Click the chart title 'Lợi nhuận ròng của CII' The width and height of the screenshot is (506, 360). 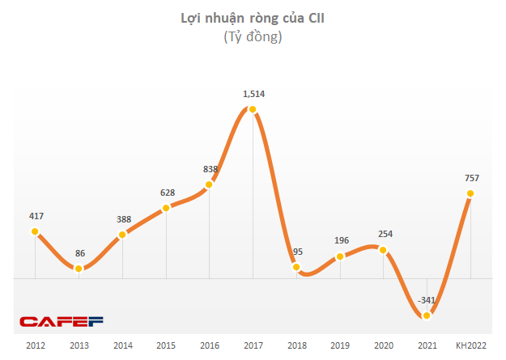(x=252, y=19)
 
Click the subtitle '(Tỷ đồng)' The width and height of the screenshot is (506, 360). (x=252, y=37)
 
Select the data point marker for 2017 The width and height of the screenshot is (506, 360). (x=253, y=109)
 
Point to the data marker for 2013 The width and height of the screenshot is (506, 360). (x=79, y=268)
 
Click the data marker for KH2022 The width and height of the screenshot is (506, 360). (x=470, y=193)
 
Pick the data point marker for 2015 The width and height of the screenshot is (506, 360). (x=166, y=208)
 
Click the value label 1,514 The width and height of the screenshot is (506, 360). (x=253, y=94)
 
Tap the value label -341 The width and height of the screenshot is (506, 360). (x=426, y=300)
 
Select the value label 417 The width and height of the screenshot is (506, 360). (x=35, y=216)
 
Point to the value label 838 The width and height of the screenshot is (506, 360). (x=210, y=169)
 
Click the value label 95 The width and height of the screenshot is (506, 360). (x=296, y=252)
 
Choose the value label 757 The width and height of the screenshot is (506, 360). (x=470, y=178)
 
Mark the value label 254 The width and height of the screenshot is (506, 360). (x=384, y=235)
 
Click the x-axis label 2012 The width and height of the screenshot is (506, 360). (x=35, y=345)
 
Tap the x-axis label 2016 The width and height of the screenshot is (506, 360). (x=209, y=345)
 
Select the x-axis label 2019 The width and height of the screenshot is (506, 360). (x=340, y=345)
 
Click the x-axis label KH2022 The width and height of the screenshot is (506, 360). (x=470, y=345)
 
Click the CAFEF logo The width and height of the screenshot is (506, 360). (x=62, y=322)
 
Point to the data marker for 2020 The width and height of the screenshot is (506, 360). (x=384, y=250)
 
